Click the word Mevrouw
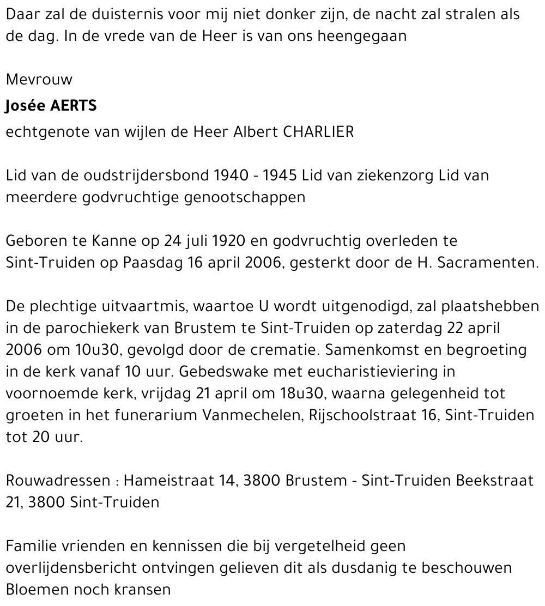[x=39, y=80]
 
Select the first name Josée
[x=26, y=106]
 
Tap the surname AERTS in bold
[x=73, y=106]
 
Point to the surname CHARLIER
[x=319, y=132]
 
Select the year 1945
[x=280, y=175]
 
